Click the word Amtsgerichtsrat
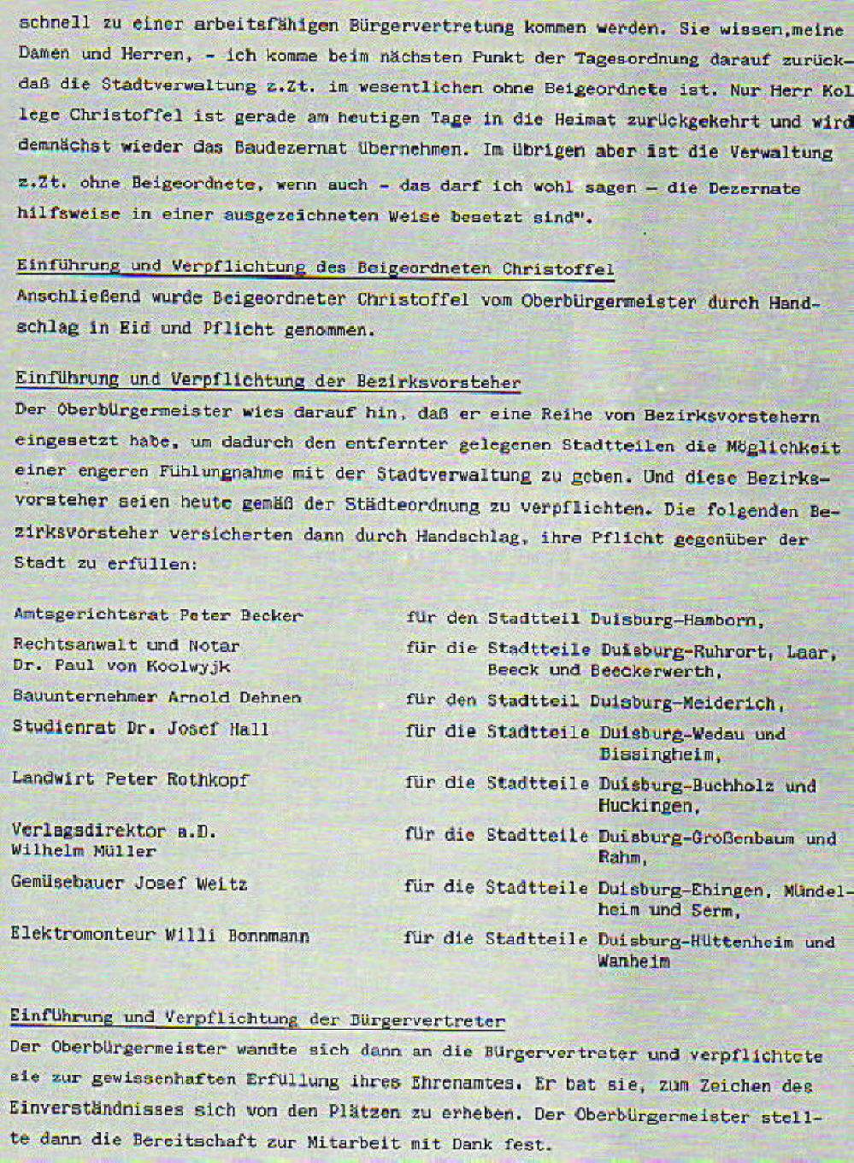click(x=91, y=614)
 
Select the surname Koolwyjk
click(x=188, y=666)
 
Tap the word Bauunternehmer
click(x=85, y=696)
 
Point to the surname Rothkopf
click(x=208, y=779)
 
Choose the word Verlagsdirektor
click(x=89, y=830)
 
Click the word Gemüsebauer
click(x=67, y=882)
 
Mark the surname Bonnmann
click(x=268, y=936)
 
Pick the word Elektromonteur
click(x=81, y=934)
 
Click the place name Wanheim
click(x=633, y=961)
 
